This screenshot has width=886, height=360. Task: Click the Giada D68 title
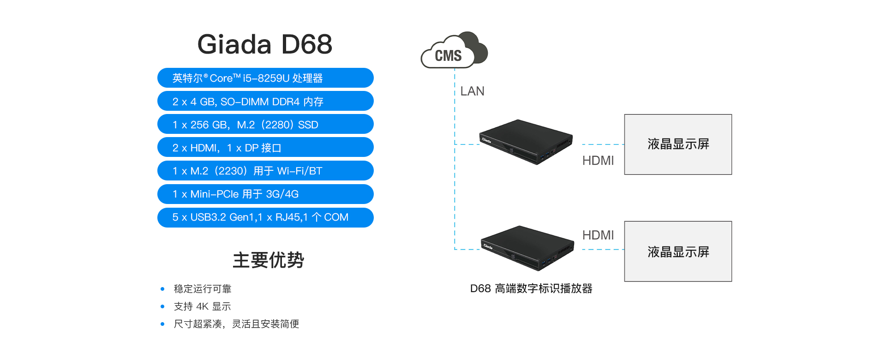click(264, 44)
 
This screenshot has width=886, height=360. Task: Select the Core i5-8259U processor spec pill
click(265, 78)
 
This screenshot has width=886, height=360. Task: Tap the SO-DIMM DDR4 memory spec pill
click(265, 101)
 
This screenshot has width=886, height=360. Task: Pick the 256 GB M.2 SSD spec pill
click(265, 124)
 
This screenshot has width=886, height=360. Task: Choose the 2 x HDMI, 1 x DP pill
click(265, 147)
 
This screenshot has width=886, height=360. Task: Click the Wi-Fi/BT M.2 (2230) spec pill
click(265, 171)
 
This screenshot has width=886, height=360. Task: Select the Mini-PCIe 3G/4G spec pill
click(265, 194)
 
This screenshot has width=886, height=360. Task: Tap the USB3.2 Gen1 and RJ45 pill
click(265, 217)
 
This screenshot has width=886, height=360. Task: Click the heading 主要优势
click(268, 260)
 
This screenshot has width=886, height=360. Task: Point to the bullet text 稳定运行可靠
click(203, 289)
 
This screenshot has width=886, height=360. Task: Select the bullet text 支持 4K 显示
click(202, 306)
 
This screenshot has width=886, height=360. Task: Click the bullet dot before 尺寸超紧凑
click(162, 324)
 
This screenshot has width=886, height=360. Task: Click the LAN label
click(472, 91)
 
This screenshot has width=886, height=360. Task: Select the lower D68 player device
click(527, 247)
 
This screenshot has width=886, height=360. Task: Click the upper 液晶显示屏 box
click(678, 144)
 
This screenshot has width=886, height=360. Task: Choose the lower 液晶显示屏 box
click(678, 252)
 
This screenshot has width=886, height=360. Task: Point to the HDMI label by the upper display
click(598, 161)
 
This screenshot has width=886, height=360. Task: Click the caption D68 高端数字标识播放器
click(531, 289)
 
